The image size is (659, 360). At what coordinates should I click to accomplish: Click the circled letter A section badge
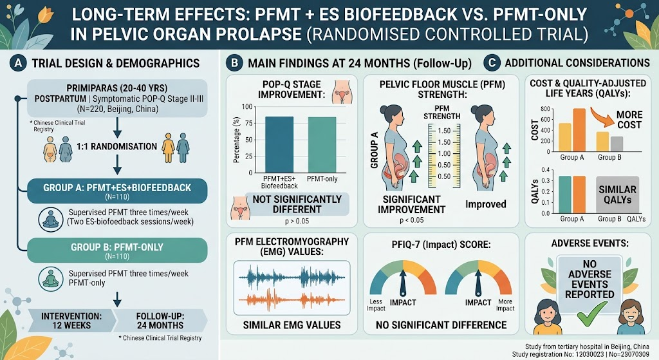point(18,63)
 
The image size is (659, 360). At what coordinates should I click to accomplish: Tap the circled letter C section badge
point(491,63)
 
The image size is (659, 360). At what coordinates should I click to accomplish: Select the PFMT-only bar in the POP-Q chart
point(322,145)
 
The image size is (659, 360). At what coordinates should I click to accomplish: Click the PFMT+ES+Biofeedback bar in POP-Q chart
point(279,145)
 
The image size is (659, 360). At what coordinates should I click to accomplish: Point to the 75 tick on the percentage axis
point(248,123)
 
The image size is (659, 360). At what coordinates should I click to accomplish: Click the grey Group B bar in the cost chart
point(617,144)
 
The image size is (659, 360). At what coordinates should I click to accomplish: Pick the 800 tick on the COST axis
point(545,109)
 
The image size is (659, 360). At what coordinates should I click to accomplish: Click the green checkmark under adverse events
point(592,314)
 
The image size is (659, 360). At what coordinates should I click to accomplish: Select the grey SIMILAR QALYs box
point(617,194)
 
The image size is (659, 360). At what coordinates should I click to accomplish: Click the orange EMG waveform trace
point(292,300)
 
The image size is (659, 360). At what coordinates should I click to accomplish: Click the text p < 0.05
point(411,220)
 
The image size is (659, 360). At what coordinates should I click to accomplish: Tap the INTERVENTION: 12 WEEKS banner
point(71,321)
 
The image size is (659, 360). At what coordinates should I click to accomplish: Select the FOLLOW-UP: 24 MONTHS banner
point(160,321)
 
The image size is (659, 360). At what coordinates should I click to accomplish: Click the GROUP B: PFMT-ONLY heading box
point(117,251)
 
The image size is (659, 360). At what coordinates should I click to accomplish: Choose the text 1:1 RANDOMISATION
point(116,146)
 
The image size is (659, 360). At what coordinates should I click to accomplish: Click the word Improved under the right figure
point(485,204)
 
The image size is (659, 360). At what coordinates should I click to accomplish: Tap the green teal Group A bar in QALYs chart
point(565,194)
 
